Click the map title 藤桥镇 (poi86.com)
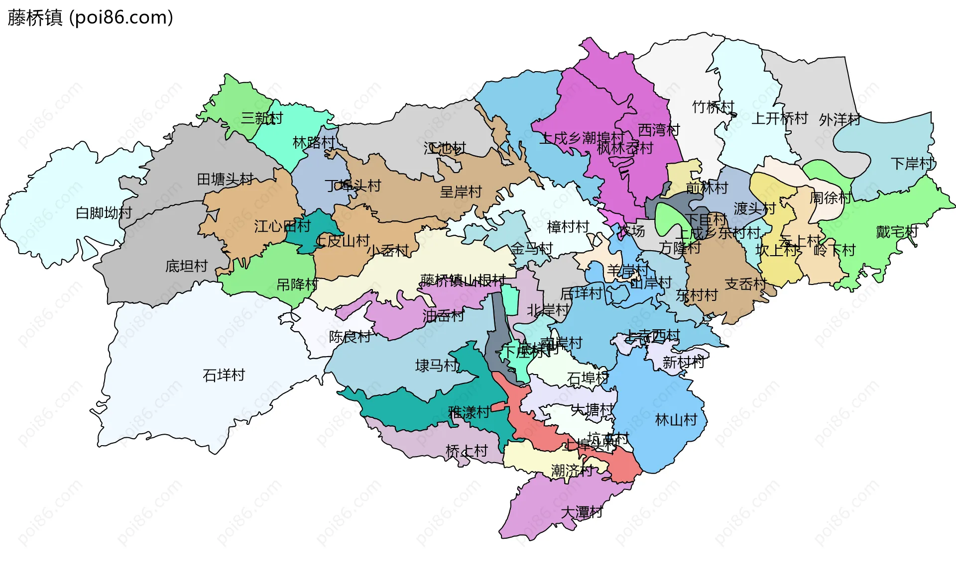click(90, 17)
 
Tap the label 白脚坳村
click(104, 213)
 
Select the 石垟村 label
click(224, 375)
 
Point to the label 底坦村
click(186, 266)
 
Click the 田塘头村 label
click(225, 179)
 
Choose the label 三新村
click(262, 118)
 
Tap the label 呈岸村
click(461, 192)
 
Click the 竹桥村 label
click(713, 107)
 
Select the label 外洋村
click(839, 119)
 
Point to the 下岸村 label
click(912, 163)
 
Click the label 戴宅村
click(897, 232)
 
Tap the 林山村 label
click(676, 420)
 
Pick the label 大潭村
click(582, 512)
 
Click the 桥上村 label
click(467, 451)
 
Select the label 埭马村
click(436, 366)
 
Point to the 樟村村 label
click(568, 227)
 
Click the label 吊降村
click(297, 285)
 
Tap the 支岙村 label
click(745, 284)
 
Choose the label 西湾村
click(659, 130)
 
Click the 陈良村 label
click(350, 337)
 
